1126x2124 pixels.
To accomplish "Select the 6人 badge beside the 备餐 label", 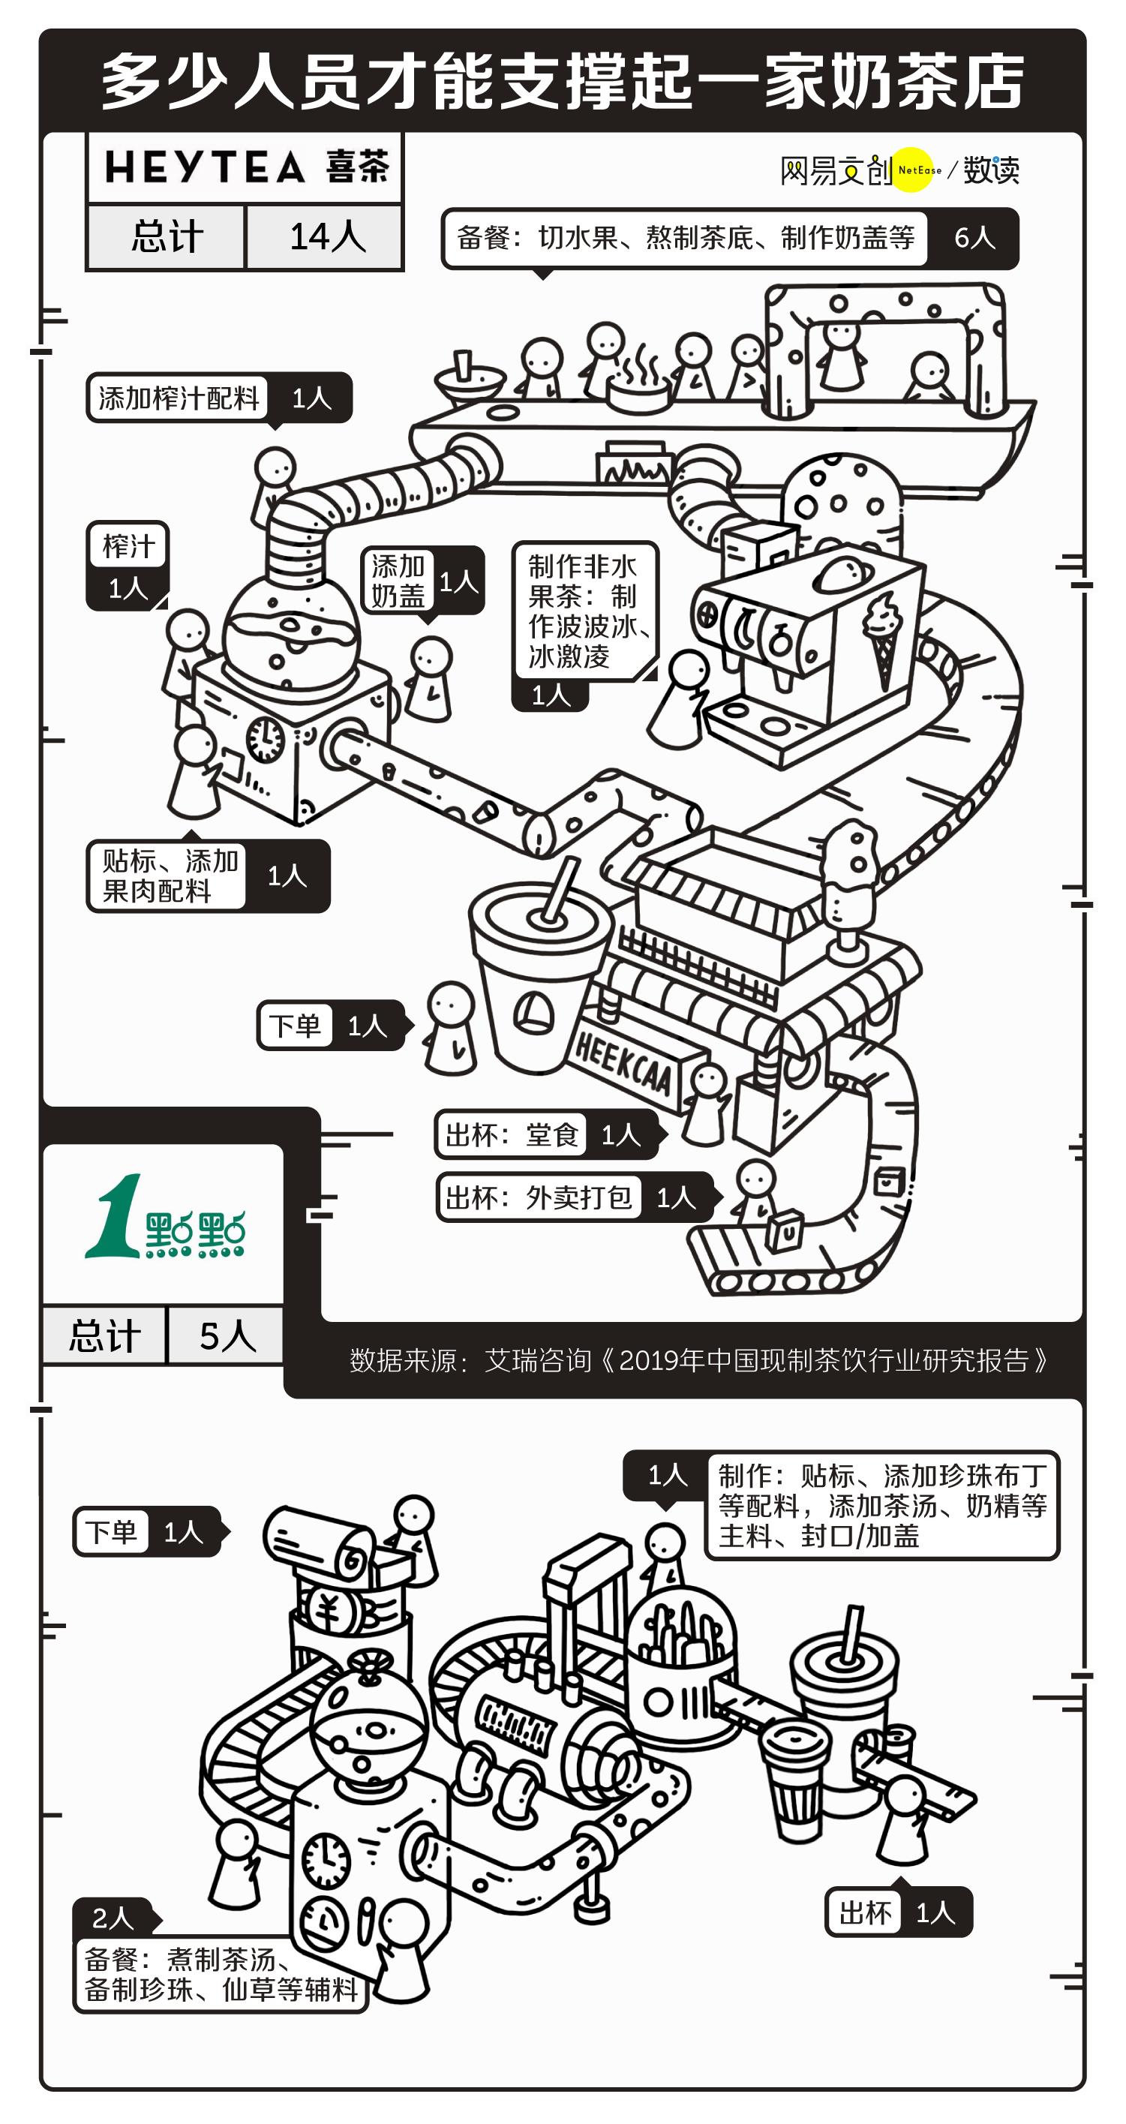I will [x=974, y=239].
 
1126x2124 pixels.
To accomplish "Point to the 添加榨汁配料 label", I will [x=178, y=398].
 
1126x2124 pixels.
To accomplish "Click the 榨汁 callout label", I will [x=128, y=547].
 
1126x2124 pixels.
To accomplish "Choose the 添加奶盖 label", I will [x=398, y=581].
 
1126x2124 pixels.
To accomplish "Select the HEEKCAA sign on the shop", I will [x=623, y=1065].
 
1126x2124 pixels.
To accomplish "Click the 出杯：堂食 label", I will [x=511, y=1135].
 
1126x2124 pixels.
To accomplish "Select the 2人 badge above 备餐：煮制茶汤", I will [x=113, y=1918].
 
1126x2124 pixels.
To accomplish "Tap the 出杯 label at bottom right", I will [x=865, y=1913].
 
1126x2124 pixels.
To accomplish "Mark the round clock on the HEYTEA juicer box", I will [x=266, y=739].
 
